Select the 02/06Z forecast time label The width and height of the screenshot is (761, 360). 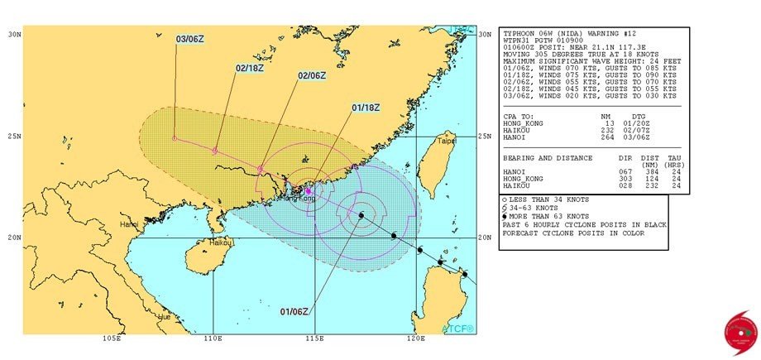pyautogui.click(x=312, y=75)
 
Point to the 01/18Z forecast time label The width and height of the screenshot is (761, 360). pyautogui.click(x=366, y=107)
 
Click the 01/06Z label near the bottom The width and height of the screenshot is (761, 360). pyautogui.click(x=294, y=311)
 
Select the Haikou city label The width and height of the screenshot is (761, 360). pyautogui.click(x=220, y=243)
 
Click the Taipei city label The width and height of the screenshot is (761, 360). pyautogui.click(x=447, y=141)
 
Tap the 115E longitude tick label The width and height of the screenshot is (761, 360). pyautogui.click(x=313, y=338)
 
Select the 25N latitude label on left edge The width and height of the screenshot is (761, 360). pyautogui.click(x=14, y=136)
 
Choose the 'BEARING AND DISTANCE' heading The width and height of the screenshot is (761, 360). pyautogui.click(x=546, y=157)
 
